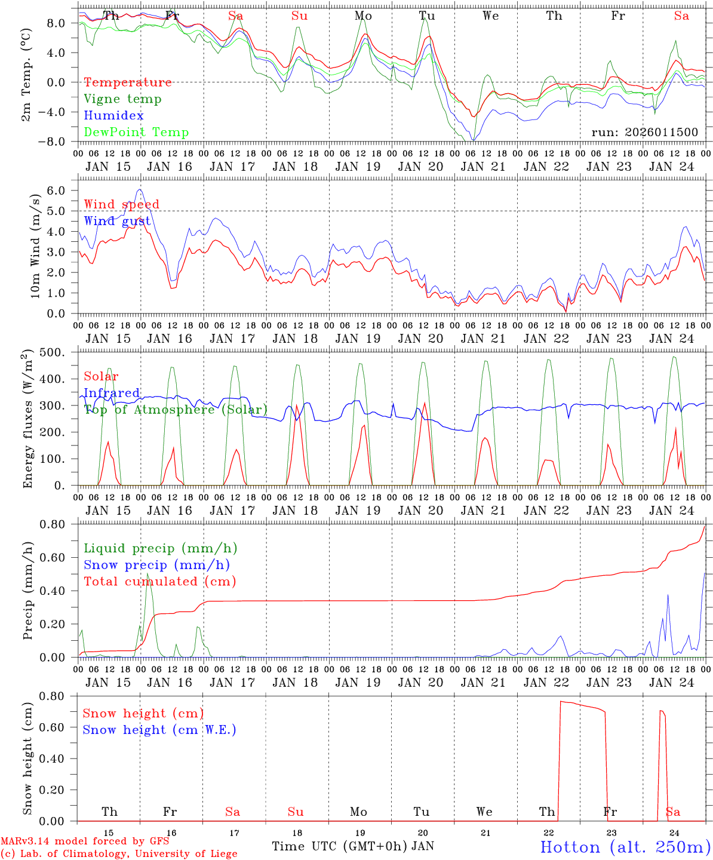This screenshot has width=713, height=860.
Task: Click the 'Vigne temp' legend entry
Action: click(122, 99)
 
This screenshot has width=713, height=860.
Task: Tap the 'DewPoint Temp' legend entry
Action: click(136, 133)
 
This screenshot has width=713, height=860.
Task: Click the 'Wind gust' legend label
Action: click(118, 221)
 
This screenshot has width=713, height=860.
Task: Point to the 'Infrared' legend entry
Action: click(112, 393)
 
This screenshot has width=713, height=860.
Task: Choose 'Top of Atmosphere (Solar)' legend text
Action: click(176, 410)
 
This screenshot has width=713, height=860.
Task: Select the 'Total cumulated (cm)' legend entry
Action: click(160, 582)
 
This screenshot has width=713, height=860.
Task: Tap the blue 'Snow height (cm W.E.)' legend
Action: click(159, 730)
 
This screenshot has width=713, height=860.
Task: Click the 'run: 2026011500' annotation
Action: click(644, 132)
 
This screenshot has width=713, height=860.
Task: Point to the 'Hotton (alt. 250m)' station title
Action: click(625, 847)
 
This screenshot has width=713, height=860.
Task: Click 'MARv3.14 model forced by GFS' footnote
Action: click(85, 841)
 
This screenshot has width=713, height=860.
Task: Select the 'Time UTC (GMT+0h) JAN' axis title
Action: click(353, 846)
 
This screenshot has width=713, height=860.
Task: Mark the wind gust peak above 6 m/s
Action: click(140, 190)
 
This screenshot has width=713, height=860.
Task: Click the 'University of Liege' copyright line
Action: click(119, 854)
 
